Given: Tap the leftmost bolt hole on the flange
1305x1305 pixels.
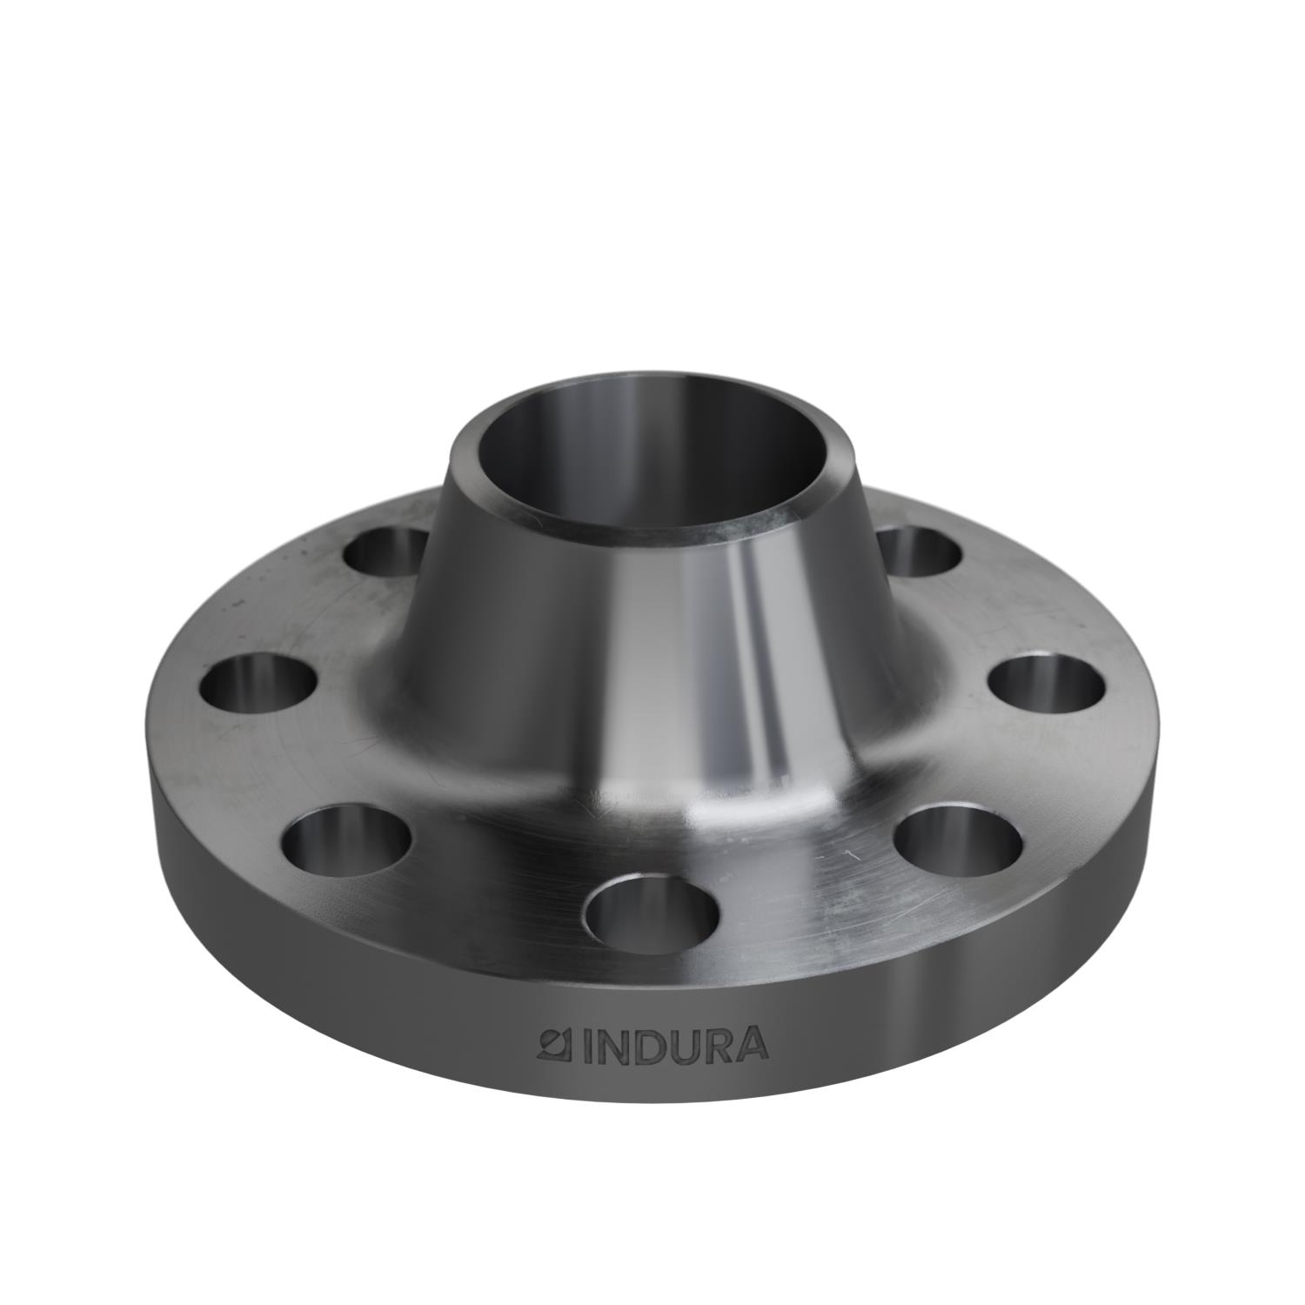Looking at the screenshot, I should [x=258, y=685].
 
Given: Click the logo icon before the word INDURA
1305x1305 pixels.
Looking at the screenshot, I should [x=551, y=1045].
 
